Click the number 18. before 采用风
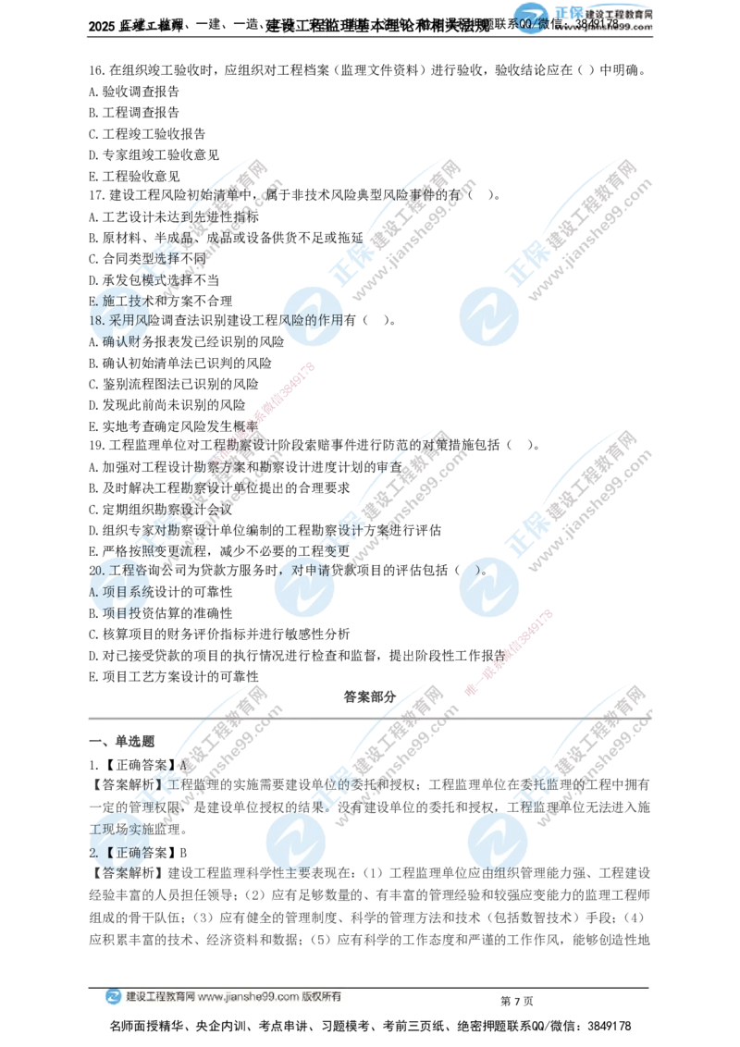pos(97,320)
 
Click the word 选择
pos(170,258)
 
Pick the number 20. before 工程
pos(96,569)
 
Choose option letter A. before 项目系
pos(93,590)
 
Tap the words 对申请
pos(312,569)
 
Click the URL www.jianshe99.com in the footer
pos(248,997)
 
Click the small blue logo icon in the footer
pos(113,997)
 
